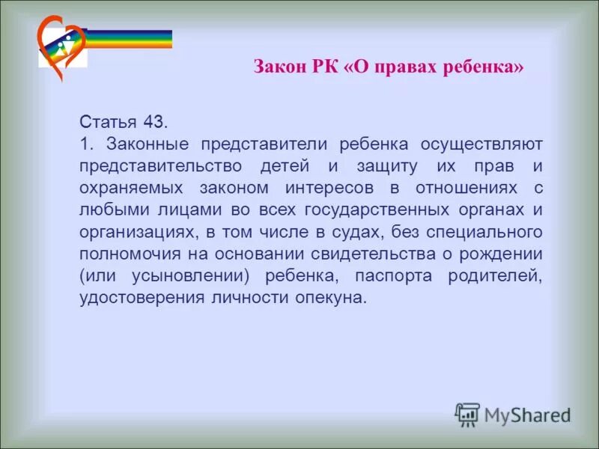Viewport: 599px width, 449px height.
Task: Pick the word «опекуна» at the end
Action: coord(318,298)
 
